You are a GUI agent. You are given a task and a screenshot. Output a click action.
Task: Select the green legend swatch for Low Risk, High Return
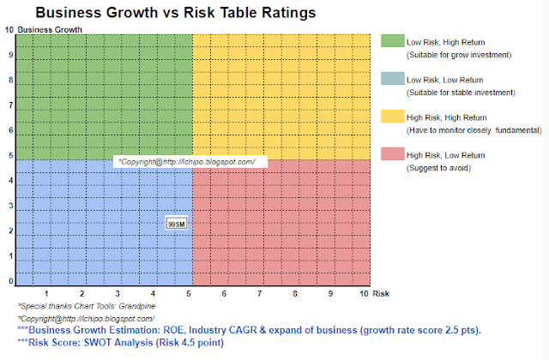coord(391,41)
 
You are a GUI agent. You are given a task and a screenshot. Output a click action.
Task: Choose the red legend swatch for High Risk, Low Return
coord(391,153)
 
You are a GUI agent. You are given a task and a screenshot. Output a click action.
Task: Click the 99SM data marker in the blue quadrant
coord(176,223)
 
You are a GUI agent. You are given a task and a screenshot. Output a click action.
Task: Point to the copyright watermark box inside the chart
coord(190,161)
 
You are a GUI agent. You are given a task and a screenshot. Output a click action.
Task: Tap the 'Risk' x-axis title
coord(382,293)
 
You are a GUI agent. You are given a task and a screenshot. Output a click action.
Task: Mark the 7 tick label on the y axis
coord(10,105)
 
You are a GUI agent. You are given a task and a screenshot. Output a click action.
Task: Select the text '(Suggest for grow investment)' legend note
coord(459,55)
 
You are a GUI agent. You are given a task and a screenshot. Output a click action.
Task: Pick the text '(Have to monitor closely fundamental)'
coord(474,130)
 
